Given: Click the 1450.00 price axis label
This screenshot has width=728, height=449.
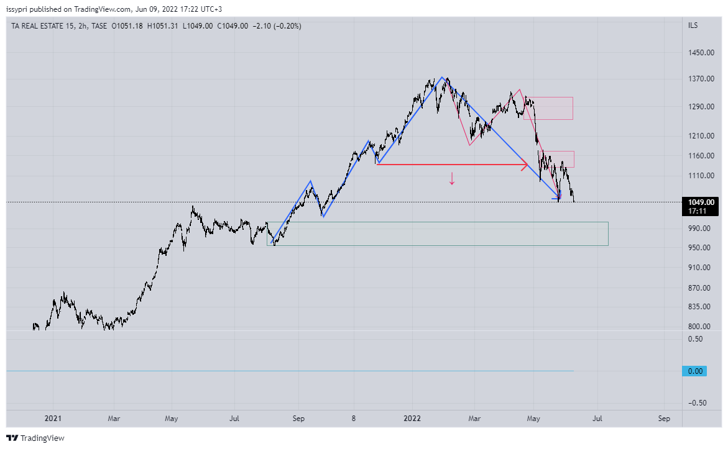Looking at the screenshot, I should pos(700,53).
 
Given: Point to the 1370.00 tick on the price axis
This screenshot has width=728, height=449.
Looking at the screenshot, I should pos(700,79).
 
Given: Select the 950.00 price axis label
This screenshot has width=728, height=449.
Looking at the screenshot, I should pos(700,248).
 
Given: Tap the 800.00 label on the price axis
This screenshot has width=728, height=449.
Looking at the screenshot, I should pos(700,327).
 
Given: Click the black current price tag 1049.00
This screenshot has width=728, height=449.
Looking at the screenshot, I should pos(701,202).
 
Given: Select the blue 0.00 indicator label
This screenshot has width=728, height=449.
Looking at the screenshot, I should pos(695,371).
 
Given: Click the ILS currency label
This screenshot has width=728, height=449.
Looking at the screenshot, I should pos(693,25).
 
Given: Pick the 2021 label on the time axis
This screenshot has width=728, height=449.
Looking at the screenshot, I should pos(53,419).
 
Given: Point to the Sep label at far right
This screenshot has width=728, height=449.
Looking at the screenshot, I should pos(664,419).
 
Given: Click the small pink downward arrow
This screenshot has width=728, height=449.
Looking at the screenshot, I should pos(452,179).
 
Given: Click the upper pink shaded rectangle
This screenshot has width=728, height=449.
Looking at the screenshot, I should pos(548,108).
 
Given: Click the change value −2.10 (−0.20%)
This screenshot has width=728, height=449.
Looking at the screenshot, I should pos(276,26).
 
